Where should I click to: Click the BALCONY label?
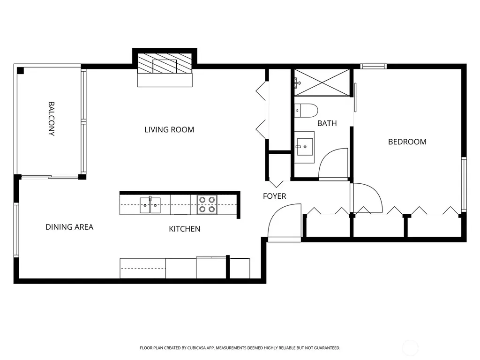(52, 119)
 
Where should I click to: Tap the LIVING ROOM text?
(169, 130)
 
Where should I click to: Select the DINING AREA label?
(69, 227)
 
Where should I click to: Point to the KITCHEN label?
(185, 229)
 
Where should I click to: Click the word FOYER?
(275, 196)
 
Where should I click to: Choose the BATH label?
(327, 123)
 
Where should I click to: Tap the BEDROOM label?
(407, 142)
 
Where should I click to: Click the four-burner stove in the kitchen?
(207, 204)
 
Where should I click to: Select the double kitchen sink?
(150, 205)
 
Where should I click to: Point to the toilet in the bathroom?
(306, 111)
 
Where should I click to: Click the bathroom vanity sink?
(305, 147)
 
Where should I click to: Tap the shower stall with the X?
(322, 82)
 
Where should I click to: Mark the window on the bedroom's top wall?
(373, 66)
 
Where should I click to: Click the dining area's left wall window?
(16, 230)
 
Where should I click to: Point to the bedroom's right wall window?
(464, 184)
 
